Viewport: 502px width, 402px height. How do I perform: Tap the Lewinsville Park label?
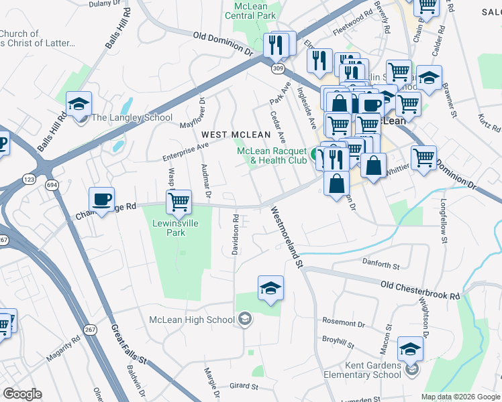tap(178, 228)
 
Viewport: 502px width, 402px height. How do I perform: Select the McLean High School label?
tap(192, 320)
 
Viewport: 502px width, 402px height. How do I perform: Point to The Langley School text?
tap(132, 117)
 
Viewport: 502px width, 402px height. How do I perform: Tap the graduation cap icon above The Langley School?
tap(79, 104)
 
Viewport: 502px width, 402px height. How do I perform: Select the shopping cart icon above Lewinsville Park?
tap(179, 201)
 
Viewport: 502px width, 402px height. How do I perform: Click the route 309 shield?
tap(277, 68)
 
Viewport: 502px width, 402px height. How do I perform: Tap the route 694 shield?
tap(50, 184)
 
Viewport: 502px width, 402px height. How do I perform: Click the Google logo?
tap(23, 394)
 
